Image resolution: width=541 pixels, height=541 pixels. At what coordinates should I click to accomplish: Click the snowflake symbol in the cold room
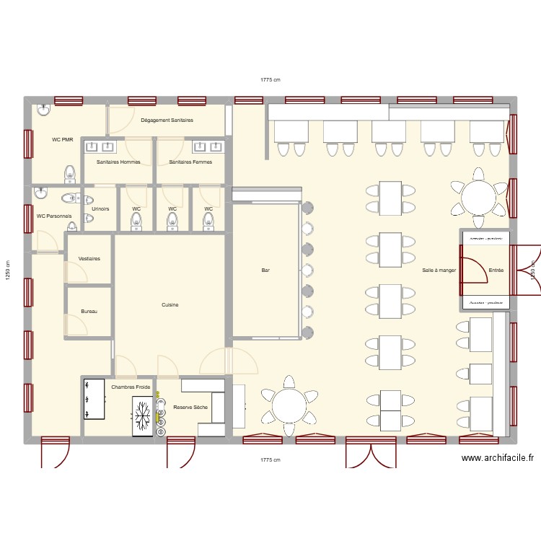[143, 415]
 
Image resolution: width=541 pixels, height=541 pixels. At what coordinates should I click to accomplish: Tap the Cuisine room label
[170, 305]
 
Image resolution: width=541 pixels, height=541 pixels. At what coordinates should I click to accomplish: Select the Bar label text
[265, 270]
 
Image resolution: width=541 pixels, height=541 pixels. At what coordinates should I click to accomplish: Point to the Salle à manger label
[439, 270]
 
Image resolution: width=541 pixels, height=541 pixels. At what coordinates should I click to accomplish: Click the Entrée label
[496, 270]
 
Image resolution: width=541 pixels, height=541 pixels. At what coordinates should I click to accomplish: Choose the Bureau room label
[89, 312]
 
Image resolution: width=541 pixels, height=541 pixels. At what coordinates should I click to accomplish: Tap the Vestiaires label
[89, 258]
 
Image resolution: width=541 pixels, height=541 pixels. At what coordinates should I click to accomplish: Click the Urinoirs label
[100, 209]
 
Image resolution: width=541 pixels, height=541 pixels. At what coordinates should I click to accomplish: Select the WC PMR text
[62, 139]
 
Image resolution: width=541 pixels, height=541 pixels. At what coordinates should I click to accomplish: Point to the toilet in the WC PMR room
[70, 173]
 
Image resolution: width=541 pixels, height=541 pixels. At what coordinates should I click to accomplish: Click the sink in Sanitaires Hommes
[92, 147]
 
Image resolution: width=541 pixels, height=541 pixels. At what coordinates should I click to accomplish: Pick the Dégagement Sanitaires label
[167, 120]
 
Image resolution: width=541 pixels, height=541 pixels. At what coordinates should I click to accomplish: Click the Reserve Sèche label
[190, 408]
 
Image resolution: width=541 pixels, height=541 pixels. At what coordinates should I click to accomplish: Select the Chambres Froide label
[131, 387]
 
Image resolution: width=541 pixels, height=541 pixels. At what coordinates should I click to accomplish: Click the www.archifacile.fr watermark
[498, 457]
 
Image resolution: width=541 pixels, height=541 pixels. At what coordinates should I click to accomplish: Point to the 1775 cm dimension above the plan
[270, 80]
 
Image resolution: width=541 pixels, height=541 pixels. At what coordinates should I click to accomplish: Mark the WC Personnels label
[54, 216]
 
